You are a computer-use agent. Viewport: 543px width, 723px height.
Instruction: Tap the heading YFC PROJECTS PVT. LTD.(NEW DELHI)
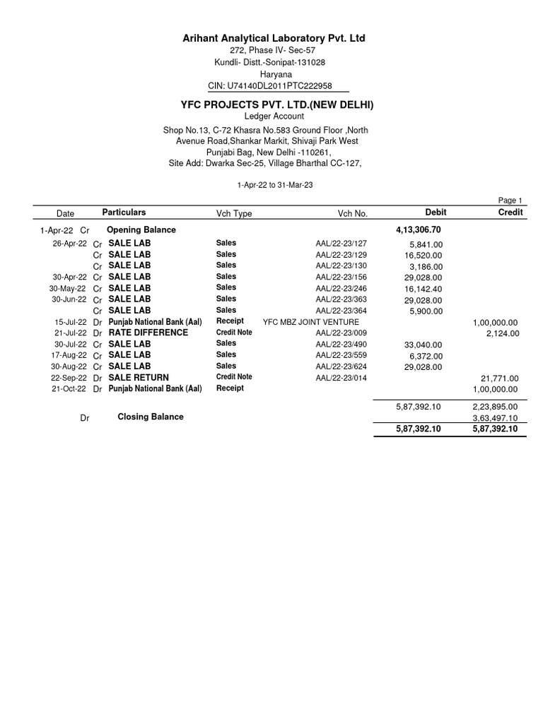(277, 105)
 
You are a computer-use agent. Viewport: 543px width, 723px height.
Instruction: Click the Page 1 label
(510, 201)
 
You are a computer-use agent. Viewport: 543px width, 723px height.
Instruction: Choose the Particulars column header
(124, 213)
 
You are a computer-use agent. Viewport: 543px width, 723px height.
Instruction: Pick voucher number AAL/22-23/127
(341, 244)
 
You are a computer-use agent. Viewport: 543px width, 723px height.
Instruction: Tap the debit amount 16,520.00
(424, 255)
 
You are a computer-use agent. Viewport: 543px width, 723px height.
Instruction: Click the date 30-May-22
(68, 288)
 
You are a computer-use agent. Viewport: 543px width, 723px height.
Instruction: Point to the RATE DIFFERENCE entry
(148, 333)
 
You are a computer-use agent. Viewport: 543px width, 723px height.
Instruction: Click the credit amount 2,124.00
(502, 333)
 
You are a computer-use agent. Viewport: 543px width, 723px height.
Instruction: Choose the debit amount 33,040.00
(423, 345)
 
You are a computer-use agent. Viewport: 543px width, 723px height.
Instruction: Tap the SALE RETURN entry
(139, 378)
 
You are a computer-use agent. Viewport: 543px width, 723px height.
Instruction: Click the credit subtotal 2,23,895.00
(495, 407)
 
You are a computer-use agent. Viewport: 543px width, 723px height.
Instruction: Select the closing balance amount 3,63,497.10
(495, 418)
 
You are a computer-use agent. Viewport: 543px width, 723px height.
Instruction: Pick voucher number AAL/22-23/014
(341, 378)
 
